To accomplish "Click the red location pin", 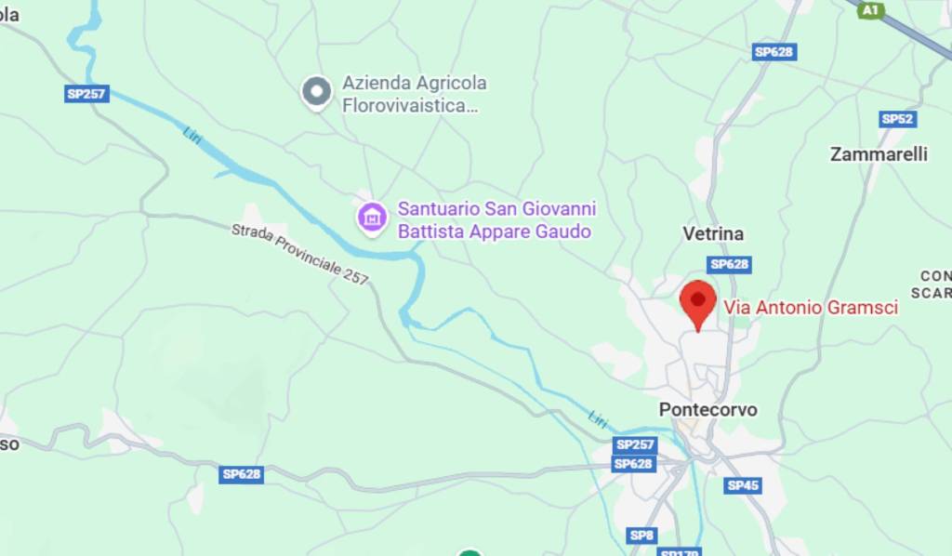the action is click(697, 303).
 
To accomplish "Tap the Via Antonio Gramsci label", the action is click(811, 307).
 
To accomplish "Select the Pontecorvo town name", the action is click(707, 409).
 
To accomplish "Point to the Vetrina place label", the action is click(713, 234).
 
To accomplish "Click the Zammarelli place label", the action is click(879, 154).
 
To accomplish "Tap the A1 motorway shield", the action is click(870, 10).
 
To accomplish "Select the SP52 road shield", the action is click(898, 119).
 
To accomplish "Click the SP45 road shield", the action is click(743, 485).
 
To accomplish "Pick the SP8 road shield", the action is click(641, 535).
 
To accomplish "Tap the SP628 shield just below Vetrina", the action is click(729, 265).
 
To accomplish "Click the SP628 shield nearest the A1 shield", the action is click(773, 52).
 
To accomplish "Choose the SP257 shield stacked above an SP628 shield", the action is click(635, 445).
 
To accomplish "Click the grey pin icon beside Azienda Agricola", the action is click(317, 91).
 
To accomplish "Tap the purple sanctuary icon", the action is click(372, 217).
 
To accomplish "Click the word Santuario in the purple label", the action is click(435, 209).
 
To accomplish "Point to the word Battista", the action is click(431, 232).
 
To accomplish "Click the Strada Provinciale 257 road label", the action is click(299, 253).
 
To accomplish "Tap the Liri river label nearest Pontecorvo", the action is click(598, 417).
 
